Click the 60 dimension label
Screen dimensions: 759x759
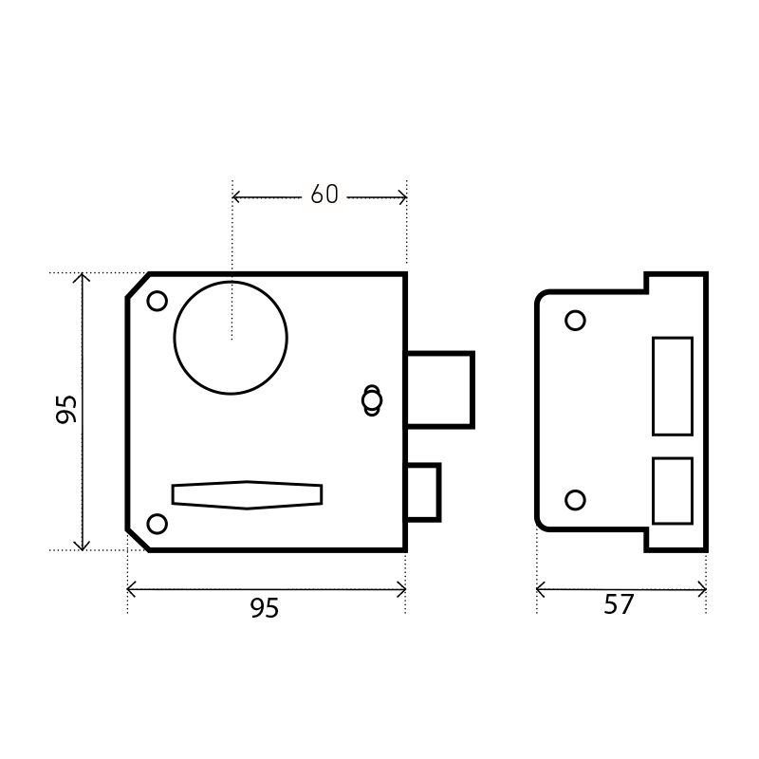pyautogui.click(x=324, y=194)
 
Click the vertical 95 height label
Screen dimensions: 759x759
pyautogui.click(x=66, y=410)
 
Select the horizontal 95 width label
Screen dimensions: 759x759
pyautogui.click(x=265, y=608)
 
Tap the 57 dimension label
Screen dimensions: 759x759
pyautogui.click(x=619, y=604)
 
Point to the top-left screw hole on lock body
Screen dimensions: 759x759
pyautogui.click(x=157, y=301)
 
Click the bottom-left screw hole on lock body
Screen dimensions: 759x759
pyautogui.click(x=157, y=525)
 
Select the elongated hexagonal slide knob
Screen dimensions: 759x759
pyautogui.click(x=247, y=494)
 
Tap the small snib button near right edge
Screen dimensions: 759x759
pyautogui.click(x=372, y=400)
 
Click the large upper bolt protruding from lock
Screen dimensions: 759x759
pyautogui.click(x=440, y=390)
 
